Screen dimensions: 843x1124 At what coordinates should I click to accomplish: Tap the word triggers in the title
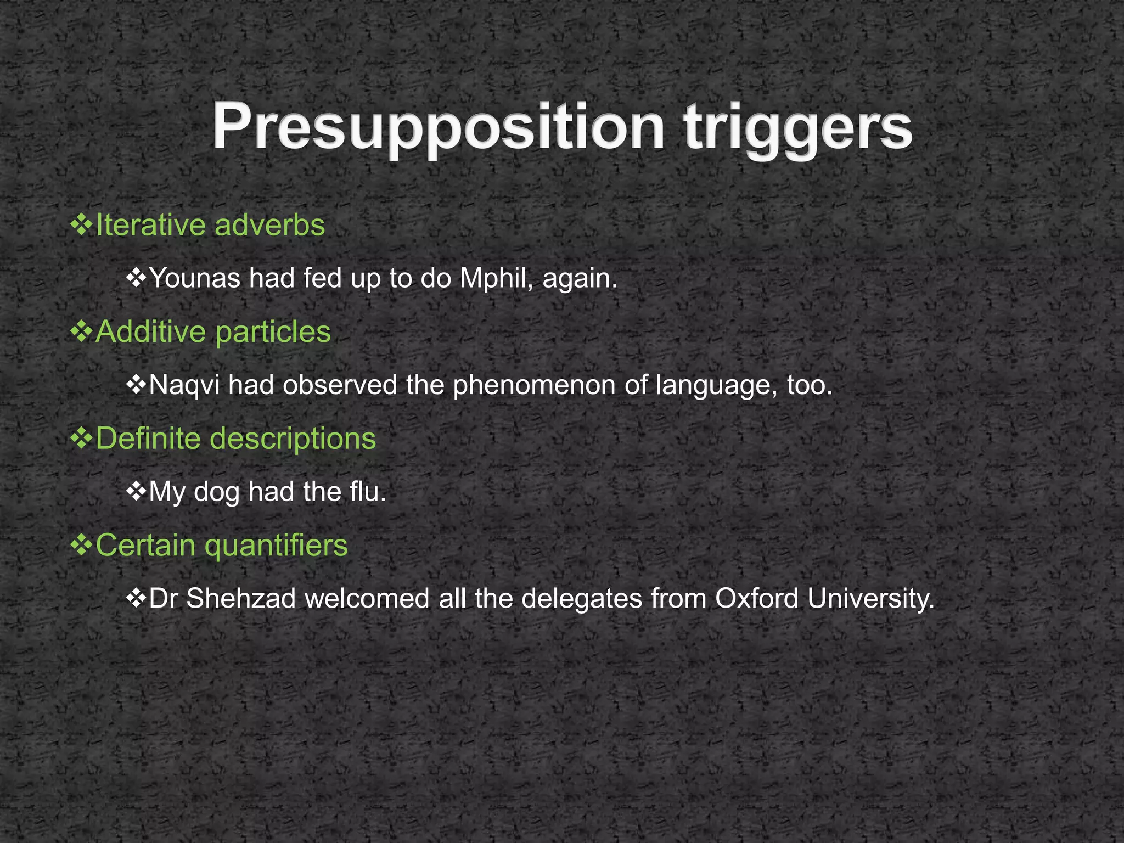798,128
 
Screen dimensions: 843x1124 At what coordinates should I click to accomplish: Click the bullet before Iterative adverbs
81,226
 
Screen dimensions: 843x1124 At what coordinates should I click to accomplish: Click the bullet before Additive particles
81,332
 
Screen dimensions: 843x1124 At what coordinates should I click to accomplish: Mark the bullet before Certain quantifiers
81,546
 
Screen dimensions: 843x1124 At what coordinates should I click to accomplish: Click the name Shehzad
241,598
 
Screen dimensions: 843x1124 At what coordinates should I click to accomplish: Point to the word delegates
582,598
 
